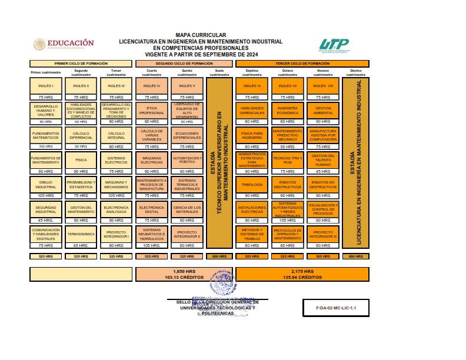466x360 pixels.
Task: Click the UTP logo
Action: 334,45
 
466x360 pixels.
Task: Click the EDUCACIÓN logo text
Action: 71,43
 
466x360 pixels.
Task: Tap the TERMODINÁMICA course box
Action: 81,234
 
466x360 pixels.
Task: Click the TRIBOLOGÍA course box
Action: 252,185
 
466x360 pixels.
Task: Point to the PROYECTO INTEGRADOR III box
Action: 323,234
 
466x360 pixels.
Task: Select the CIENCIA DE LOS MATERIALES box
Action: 187,208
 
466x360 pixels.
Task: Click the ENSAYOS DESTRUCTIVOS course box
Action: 287,185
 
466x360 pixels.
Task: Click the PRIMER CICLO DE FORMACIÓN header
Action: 81,64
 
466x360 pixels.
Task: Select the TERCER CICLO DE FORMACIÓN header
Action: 302,64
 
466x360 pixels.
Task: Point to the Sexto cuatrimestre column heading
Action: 219,74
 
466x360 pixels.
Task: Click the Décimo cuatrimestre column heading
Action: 356,74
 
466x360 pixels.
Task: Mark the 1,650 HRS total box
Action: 185,274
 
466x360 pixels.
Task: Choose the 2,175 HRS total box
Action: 302,274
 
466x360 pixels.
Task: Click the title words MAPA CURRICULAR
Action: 200,35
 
